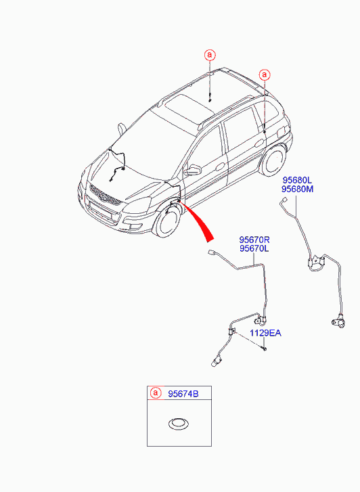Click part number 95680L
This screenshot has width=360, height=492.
(x=297, y=180)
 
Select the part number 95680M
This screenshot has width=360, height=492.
(x=297, y=189)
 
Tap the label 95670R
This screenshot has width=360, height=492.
(x=254, y=240)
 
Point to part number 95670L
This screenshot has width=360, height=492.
(x=254, y=249)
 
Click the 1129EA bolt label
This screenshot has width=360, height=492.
(x=265, y=333)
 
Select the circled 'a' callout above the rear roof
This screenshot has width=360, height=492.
(x=264, y=74)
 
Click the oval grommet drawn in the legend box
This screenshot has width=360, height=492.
(x=179, y=424)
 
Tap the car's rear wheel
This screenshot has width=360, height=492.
(x=274, y=163)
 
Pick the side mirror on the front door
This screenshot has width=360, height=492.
(x=194, y=170)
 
